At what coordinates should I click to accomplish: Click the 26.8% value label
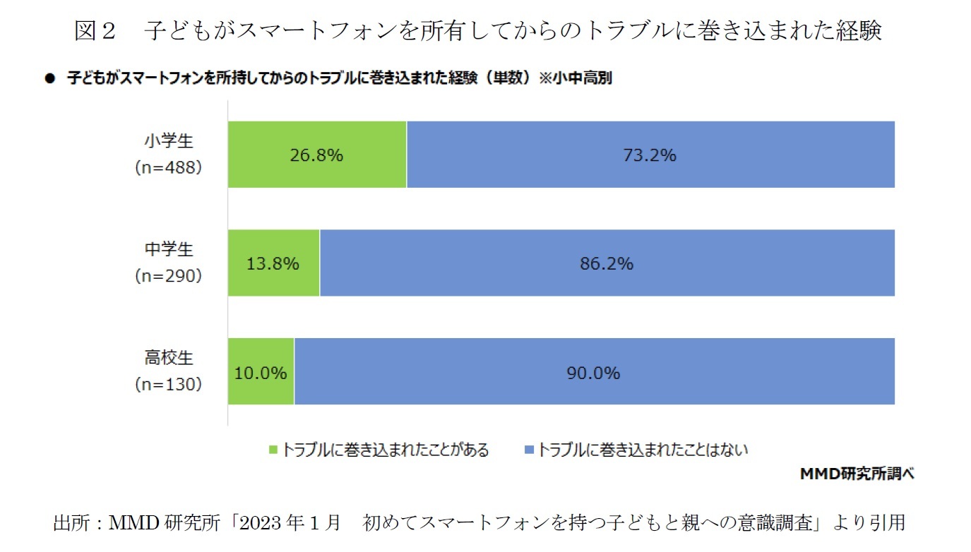pos(316,155)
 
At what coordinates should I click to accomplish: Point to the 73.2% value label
pos(650,155)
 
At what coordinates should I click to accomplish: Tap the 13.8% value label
pos(273,264)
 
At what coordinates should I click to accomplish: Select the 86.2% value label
pos(607,264)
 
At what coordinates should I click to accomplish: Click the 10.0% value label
pos(261,373)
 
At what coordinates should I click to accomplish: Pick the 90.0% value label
pos(593,373)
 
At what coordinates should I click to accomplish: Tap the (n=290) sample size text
pos(169,276)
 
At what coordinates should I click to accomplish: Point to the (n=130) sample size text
pos(169,385)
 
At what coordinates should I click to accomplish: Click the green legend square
pos(274,450)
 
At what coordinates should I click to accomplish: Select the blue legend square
pos(529,450)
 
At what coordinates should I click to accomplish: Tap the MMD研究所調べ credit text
pos(857,474)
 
